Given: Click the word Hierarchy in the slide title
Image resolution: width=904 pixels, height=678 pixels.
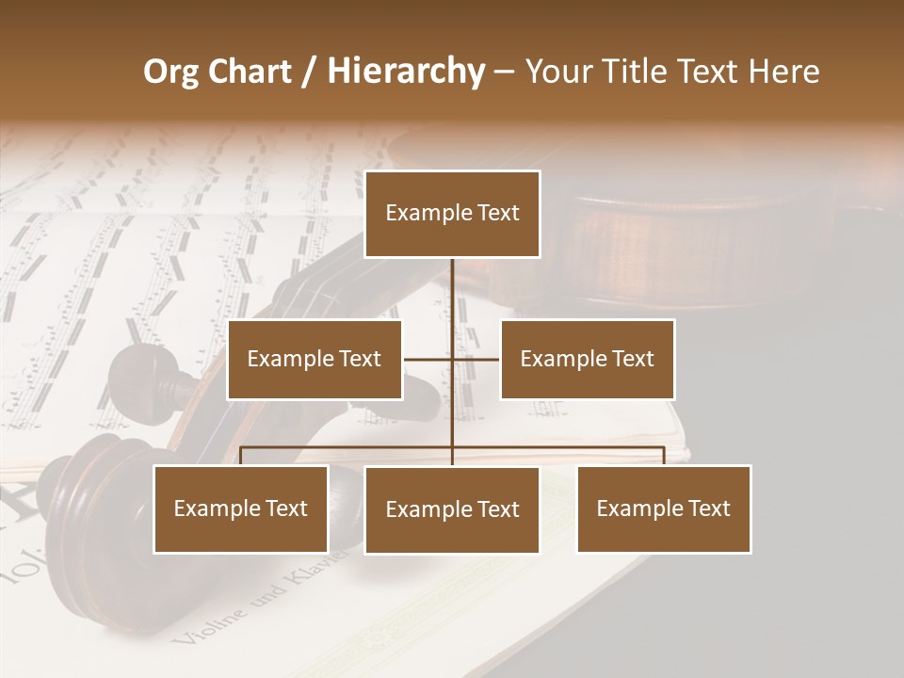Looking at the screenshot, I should [406, 72].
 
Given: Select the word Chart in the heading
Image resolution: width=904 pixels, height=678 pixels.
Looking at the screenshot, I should [251, 72].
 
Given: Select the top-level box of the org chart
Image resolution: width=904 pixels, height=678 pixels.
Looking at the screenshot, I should [452, 214].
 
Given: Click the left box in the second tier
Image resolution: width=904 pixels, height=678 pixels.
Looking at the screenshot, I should [315, 359].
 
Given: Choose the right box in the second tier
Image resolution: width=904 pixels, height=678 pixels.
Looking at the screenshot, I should [587, 359].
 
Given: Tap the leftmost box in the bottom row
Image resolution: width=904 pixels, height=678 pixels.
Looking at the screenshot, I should [241, 508].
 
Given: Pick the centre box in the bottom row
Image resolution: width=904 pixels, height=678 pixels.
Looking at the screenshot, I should [452, 509].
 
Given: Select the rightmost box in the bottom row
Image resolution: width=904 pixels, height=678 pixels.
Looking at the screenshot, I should [664, 508].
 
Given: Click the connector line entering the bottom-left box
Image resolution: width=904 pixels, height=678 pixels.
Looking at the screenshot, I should [241, 456].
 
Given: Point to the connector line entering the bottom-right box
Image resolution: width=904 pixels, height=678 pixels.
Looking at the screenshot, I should [664, 456].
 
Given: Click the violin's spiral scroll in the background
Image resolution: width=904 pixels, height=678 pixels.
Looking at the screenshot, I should [94, 508].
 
